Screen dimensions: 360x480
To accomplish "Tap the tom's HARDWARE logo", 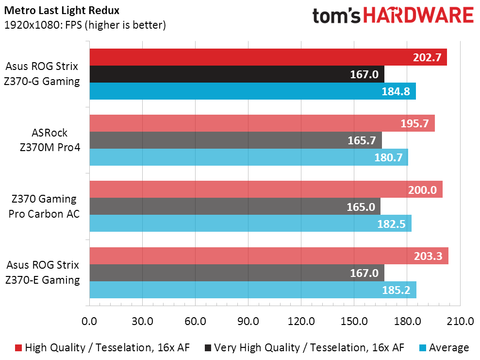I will click(393, 16).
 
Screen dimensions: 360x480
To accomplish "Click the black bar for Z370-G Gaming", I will click(237, 74).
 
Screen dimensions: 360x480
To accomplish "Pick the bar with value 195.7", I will click(262, 123).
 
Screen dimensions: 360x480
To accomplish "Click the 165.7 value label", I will click(362, 140).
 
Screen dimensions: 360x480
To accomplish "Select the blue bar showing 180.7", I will click(248, 157).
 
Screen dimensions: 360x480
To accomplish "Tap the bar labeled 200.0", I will click(266, 189).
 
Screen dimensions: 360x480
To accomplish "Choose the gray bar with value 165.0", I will click(235, 206).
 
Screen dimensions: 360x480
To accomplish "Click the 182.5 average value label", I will click(392, 223).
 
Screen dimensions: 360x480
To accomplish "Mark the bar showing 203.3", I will click(269, 256).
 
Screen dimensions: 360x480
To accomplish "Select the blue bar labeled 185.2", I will click(253, 290).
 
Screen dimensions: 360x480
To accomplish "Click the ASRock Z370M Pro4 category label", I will click(50, 140).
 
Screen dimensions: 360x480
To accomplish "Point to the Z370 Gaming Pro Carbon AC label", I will click(44, 206).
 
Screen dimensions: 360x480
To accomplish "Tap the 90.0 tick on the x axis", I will click(248, 321).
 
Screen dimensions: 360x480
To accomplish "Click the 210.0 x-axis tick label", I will click(460, 321).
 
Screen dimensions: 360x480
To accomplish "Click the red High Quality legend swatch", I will click(18, 347).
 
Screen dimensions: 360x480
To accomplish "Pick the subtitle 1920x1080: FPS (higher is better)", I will click(85, 25).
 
